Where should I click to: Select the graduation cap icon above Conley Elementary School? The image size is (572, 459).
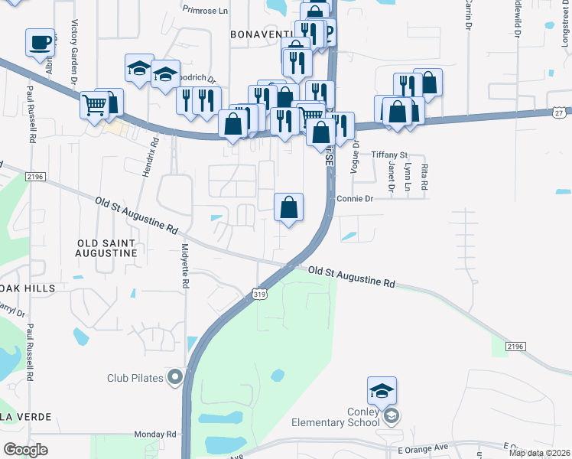[x=382, y=392]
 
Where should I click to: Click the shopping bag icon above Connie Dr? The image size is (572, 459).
[x=289, y=207]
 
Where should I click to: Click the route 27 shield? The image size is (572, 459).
[x=561, y=112]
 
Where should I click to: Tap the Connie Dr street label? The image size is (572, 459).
[x=354, y=199]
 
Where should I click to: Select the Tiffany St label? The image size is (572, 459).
[x=389, y=155]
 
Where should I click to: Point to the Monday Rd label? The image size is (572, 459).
[x=155, y=434]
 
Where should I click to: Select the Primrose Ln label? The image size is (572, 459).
[x=206, y=10]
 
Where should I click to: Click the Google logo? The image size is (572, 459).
[x=25, y=450]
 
